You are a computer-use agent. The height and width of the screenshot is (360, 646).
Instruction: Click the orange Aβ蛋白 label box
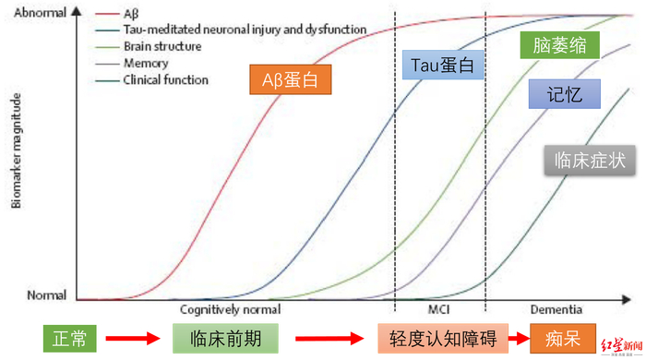pyautogui.click(x=290, y=80)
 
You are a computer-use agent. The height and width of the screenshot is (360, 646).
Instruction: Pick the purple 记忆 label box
pyautogui.click(x=565, y=93)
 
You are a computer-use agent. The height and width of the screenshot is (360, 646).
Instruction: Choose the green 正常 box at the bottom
pyautogui.click(x=69, y=339)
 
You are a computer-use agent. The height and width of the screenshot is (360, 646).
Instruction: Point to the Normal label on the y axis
pyautogui.click(x=44, y=297)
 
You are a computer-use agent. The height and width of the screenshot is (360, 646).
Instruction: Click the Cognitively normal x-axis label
pyautogui.click(x=231, y=311)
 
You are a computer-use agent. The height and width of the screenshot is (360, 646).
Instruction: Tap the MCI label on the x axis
pyautogui.click(x=440, y=311)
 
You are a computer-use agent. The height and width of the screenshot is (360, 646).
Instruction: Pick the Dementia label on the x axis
pyautogui.click(x=556, y=311)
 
